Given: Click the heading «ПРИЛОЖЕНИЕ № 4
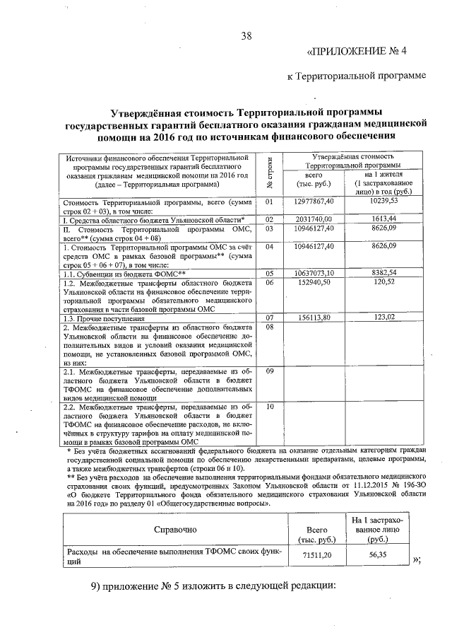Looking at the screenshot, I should click(x=367, y=51).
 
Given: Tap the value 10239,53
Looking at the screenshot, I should click(x=384, y=201).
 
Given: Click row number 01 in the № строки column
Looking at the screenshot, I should click(x=269, y=201).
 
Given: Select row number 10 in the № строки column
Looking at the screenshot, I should click(x=269, y=407).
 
